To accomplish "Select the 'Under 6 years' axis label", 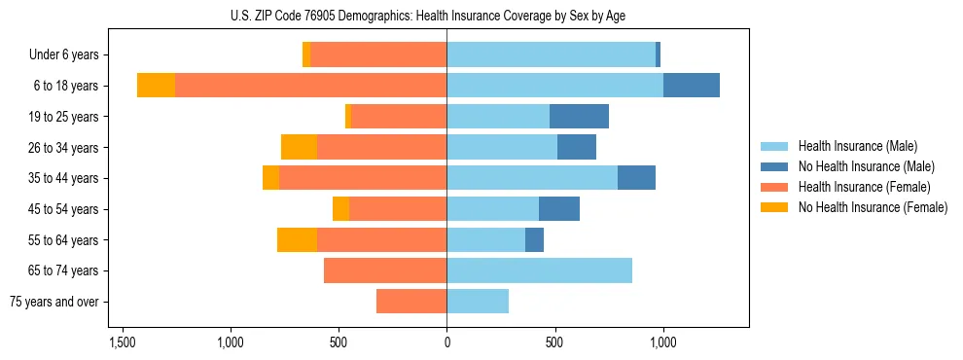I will tap(70, 55).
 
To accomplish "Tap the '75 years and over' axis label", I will tap(54, 302).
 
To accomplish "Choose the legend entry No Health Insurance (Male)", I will tap(866, 166).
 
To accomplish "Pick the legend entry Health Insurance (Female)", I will tap(864, 187).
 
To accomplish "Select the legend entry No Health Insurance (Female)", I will tap(873, 207).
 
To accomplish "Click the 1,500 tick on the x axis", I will tap(123, 342).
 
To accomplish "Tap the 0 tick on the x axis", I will tap(446, 342).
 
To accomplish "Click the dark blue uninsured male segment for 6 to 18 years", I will tap(692, 86).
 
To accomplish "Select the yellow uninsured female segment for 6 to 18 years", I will tap(156, 86).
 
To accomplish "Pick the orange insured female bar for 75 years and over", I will tap(411, 302).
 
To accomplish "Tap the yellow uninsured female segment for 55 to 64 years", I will tap(297, 239).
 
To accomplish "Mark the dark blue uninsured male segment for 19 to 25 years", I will tap(579, 117).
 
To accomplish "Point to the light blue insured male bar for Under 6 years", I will tap(551, 55).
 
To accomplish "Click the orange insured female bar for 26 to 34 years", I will tap(381, 147).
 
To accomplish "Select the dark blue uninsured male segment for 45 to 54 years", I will tap(559, 209).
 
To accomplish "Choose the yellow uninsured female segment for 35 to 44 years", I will tap(270, 178).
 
